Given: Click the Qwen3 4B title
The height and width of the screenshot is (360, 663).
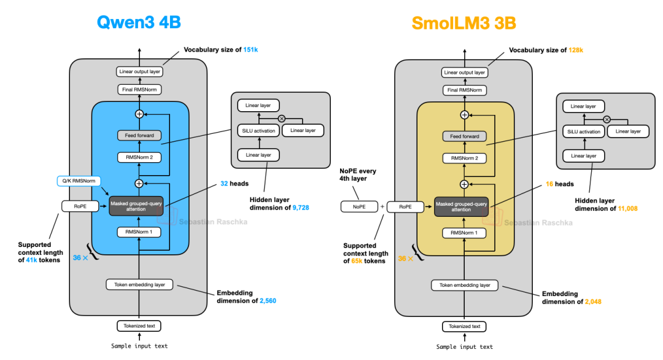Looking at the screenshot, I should [139, 23].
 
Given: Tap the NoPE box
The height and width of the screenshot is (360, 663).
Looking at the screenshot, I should [359, 207].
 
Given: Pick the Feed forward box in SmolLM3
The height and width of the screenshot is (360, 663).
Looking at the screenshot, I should [464, 136].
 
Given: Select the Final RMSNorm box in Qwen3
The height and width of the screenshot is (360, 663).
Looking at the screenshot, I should [139, 90].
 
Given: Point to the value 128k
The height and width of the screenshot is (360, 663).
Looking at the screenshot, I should [575, 50].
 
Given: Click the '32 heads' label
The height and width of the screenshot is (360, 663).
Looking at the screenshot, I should [224, 184].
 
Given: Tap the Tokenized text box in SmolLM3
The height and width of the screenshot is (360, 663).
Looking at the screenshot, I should [464, 326].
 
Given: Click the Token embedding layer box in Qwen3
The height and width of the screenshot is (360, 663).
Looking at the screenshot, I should [139, 284].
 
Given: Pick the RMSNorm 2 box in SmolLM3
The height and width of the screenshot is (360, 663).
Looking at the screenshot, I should [464, 158].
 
